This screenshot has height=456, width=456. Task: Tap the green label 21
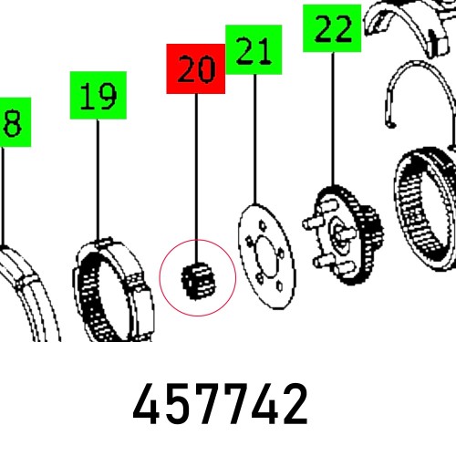pos(253,51)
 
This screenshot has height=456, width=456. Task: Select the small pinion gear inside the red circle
pos(197,275)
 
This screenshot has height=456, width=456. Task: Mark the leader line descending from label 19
pos(98,173)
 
